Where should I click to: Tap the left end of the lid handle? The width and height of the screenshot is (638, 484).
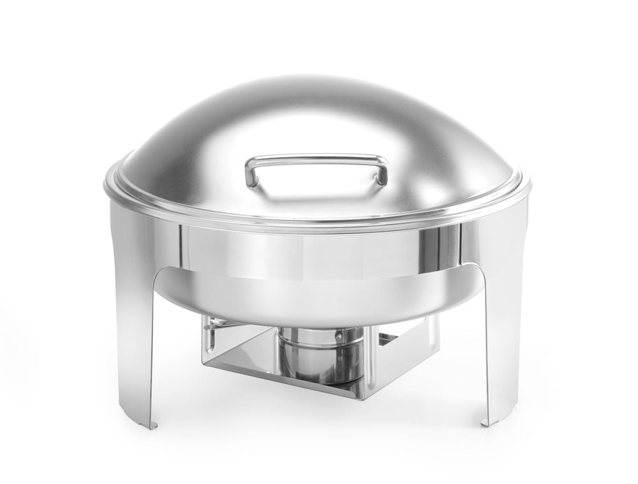(251, 172)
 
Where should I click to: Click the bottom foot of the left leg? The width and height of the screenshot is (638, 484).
(148, 423)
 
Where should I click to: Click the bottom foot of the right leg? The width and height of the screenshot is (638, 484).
(491, 420)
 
